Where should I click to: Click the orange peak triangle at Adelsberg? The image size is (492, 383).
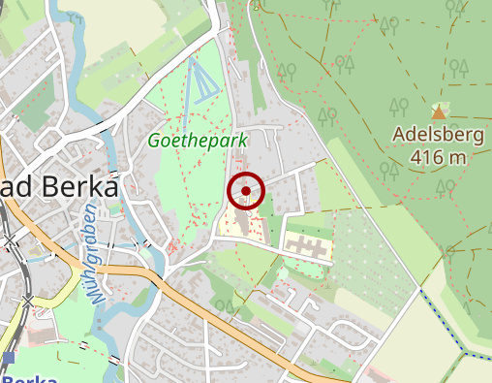coord(439,112)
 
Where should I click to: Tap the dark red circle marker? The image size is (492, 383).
coord(246,191)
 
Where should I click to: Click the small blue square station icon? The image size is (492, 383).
coord(9,358)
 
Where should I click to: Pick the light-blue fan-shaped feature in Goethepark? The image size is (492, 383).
coord(200,80)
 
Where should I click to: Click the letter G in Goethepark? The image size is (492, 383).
coord(154,142)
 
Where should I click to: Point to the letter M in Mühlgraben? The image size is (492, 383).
coord(98,295)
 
